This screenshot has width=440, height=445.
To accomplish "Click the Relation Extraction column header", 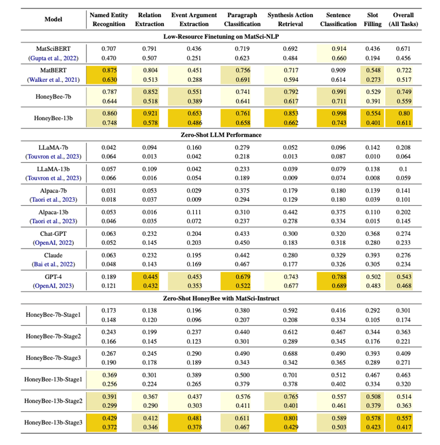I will pos(150,19).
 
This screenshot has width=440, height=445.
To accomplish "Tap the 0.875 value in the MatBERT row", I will pos(107,70).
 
